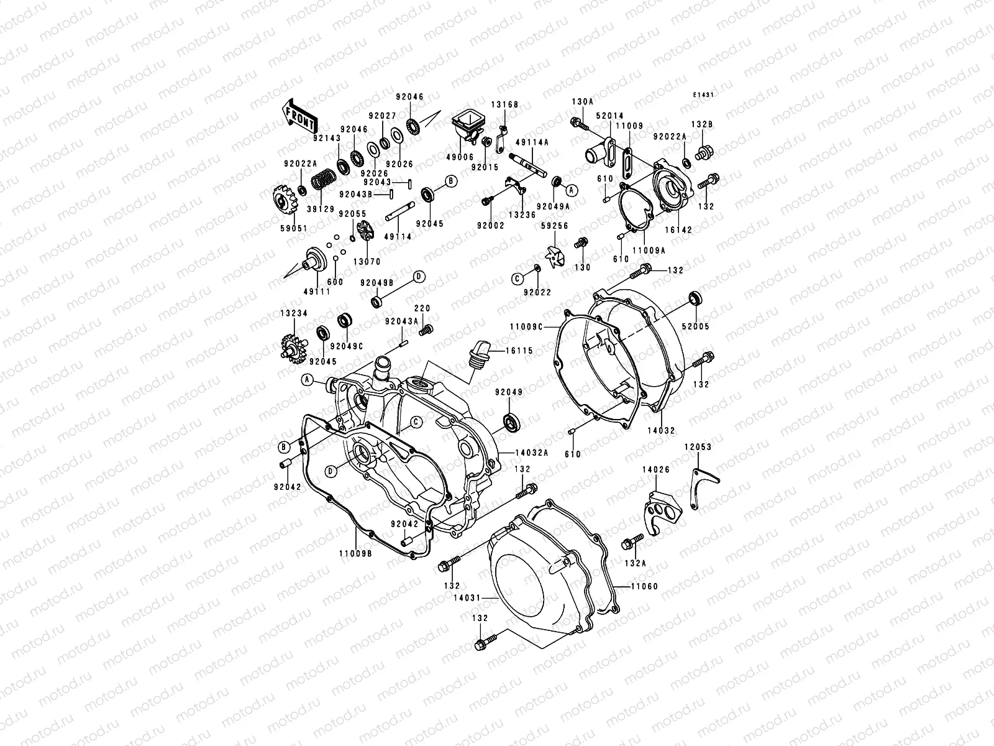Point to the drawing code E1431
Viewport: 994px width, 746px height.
(x=704, y=95)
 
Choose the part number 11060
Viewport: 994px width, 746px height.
(x=644, y=586)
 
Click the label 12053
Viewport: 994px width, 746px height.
(x=698, y=447)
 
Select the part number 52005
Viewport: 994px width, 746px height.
(x=695, y=326)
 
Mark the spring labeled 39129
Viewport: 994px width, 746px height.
(x=322, y=180)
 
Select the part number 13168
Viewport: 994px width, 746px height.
(x=505, y=105)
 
